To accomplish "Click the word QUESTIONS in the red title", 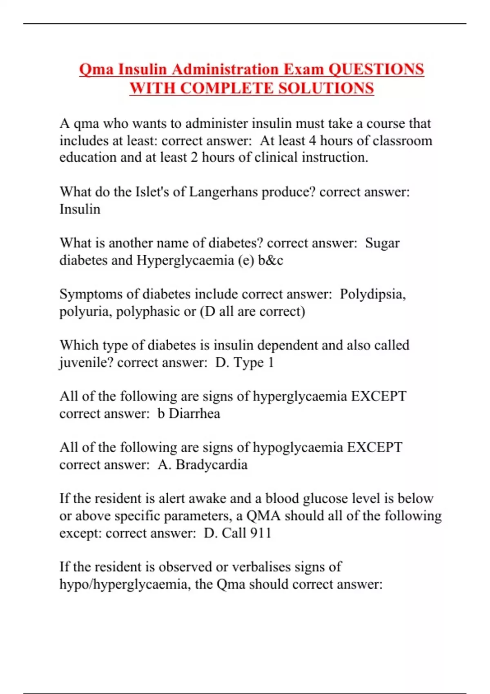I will click(376, 69).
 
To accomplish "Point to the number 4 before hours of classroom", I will click(312, 140).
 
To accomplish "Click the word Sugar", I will click(382, 243).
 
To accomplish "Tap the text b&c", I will click(270, 260).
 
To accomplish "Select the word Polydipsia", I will click(372, 294).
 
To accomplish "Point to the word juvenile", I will click(86, 363).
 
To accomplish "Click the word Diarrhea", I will click(194, 414).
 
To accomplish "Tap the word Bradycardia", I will click(212, 465).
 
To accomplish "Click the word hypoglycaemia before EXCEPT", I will click(298, 447).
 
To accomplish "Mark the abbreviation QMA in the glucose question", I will click(263, 516).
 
